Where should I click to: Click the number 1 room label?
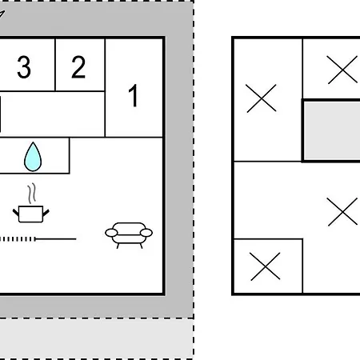134,95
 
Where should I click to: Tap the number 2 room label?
78,67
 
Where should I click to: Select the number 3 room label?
24,67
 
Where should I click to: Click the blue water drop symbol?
33,157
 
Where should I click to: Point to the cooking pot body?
31,214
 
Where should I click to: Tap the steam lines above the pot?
32,194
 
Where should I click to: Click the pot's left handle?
16,213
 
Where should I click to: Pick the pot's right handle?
46,213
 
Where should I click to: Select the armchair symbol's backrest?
129,226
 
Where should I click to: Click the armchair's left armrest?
111,233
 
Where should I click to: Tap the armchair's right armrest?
146,233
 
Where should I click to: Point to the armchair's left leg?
118,246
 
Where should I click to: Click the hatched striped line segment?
18,239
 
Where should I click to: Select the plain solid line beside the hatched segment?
56,239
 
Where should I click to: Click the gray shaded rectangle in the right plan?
332,130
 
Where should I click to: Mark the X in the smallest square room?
266,266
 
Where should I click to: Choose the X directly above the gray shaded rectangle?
342,70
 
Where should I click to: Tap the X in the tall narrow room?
261,98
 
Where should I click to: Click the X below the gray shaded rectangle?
342,212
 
